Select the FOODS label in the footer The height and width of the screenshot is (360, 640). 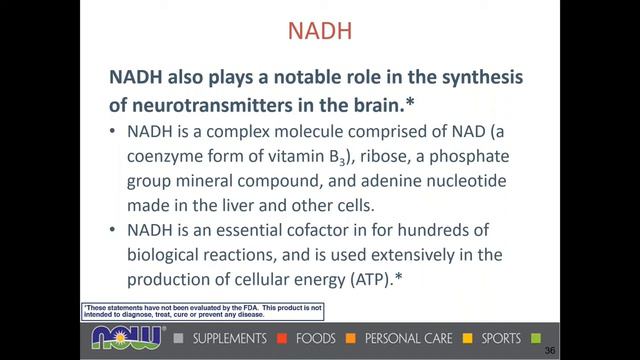318,338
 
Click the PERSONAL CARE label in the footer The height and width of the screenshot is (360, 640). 409,338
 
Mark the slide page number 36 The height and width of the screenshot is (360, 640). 549,351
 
